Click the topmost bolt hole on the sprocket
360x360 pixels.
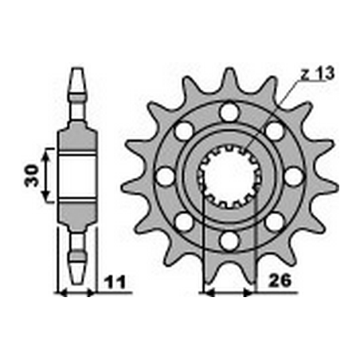click(x=229, y=113)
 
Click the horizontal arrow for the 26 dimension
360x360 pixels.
click(x=229, y=293)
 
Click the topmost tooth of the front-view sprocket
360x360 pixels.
click(x=229, y=76)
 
